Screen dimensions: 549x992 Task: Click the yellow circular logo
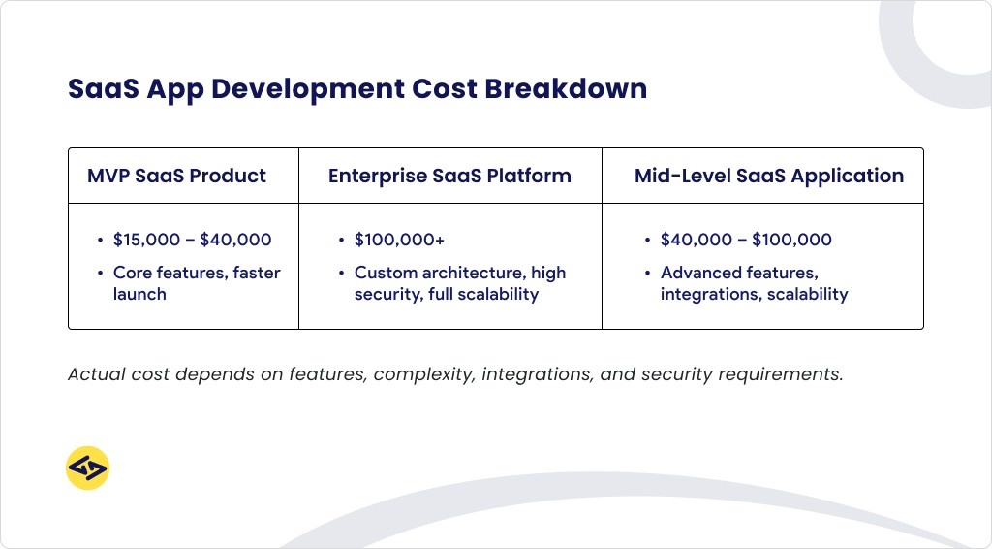click(87, 468)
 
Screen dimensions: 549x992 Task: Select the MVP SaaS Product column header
click(176, 176)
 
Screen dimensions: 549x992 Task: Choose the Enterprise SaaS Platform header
click(449, 176)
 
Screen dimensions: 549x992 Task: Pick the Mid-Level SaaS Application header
click(769, 176)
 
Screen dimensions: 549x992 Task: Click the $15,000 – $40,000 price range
click(193, 240)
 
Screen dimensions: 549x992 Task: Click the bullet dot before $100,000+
click(341, 240)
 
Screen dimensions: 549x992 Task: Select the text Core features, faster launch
click(197, 283)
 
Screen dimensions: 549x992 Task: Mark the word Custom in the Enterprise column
click(387, 273)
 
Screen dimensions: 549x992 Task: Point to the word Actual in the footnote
click(95, 374)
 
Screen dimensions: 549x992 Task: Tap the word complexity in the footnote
click(422, 374)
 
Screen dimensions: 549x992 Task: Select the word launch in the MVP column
click(139, 294)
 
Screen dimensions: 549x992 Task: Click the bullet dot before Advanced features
click(647, 273)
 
